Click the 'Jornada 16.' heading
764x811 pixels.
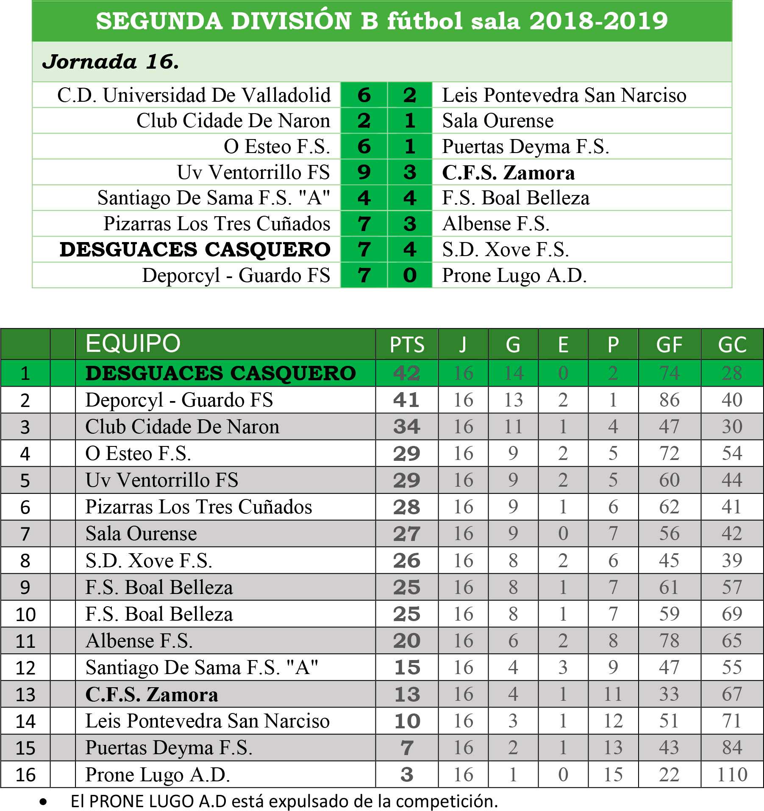[111, 62]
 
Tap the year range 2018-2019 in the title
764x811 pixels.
[598, 21]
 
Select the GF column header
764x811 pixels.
[669, 345]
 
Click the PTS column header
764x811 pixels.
[407, 345]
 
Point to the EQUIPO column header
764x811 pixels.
[133, 343]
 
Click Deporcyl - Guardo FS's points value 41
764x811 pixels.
[406, 400]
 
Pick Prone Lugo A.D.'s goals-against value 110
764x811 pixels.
[732, 775]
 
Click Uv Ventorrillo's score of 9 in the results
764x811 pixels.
[364, 172]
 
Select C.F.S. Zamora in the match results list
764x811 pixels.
[508, 173]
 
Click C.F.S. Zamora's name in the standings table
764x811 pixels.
[152, 694]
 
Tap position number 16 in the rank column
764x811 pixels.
[25, 775]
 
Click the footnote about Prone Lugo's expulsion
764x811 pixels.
[284, 801]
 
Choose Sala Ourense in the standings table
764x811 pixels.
[141, 534]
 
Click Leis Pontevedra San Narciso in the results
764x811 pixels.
[564, 95]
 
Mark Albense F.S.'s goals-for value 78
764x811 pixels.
[669, 641]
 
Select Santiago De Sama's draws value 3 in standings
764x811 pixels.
[563, 667]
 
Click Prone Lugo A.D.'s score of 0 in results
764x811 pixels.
[410, 275]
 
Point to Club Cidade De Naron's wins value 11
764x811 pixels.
[513, 426]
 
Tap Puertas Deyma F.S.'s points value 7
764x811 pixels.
[407, 748]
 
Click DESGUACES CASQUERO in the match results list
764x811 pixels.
[195, 249]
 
